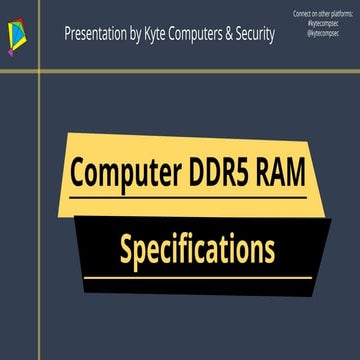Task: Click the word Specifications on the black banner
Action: (197, 247)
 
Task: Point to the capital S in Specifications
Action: (126, 246)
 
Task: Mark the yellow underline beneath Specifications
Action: (197, 277)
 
